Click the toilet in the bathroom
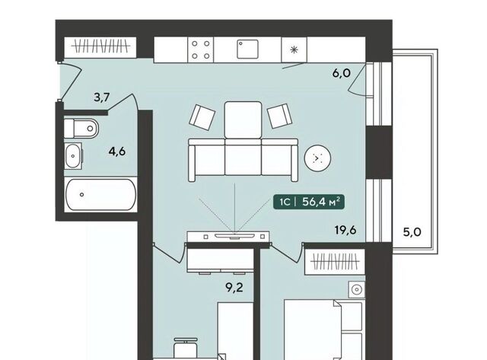[81, 128]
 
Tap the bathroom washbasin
[73, 156]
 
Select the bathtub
[100, 194]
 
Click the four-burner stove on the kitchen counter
[201, 49]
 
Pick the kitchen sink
[247, 49]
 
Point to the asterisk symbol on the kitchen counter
[294, 49]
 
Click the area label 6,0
[342, 73]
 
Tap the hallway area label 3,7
[102, 97]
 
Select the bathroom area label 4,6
[117, 151]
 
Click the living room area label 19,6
[345, 231]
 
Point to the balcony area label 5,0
[412, 232]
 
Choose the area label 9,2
[234, 288]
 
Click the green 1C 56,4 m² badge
[309, 202]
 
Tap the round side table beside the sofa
[317, 158]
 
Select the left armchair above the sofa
[202, 115]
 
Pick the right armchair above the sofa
[279, 116]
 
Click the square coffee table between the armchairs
[243, 120]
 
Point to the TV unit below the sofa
[228, 237]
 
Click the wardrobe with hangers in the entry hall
[100, 47]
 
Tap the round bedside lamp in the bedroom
[357, 290]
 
